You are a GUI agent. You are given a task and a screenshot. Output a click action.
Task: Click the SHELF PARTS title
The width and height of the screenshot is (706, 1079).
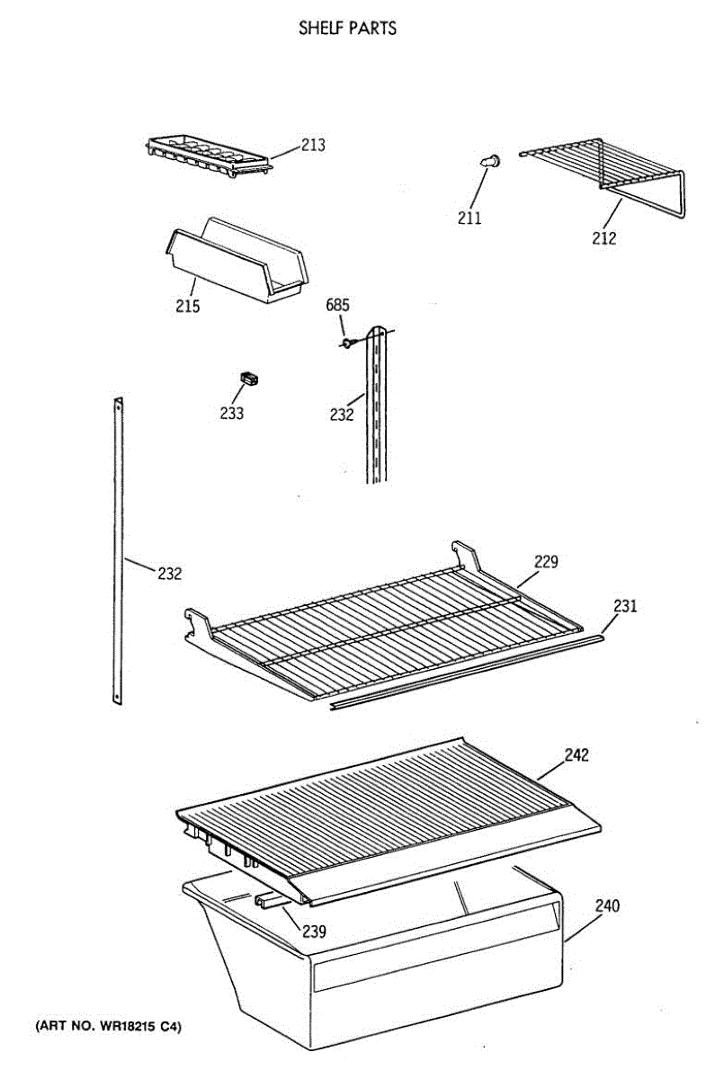click(x=347, y=29)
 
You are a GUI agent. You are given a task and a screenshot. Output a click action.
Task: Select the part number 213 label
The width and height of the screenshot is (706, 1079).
click(x=313, y=145)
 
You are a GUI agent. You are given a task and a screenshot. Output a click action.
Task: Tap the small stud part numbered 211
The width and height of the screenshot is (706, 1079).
click(x=489, y=161)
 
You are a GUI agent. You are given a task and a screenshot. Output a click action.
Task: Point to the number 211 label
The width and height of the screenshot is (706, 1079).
click(x=469, y=218)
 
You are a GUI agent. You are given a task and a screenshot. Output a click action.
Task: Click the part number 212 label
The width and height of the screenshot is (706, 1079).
click(x=603, y=238)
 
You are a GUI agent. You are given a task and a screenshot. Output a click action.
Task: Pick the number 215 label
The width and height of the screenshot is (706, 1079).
click(x=187, y=306)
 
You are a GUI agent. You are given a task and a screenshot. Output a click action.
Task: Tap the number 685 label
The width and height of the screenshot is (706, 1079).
click(x=337, y=306)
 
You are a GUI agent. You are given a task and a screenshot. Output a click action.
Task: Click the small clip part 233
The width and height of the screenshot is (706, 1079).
click(x=248, y=379)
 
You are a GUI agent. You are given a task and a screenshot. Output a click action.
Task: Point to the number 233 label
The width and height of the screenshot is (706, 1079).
click(x=231, y=414)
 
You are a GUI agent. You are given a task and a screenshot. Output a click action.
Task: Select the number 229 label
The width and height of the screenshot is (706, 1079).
click(x=546, y=562)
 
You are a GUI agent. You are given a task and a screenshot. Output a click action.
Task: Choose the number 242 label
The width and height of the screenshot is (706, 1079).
click(x=576, y=755)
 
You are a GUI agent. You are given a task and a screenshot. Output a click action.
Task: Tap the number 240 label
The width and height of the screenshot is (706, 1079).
click(x=607, y=906)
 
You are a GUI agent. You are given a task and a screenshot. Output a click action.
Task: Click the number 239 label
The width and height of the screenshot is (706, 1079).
click(x=313, y=932)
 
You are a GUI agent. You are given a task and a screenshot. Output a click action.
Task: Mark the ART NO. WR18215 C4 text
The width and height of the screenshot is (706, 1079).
click(x=108, y=1026)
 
